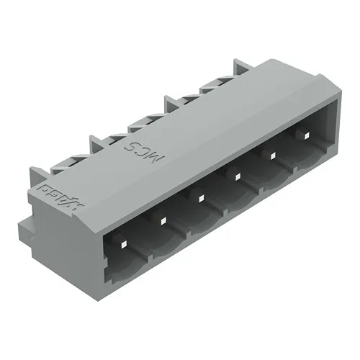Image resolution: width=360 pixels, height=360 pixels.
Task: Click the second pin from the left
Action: [163, 221]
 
